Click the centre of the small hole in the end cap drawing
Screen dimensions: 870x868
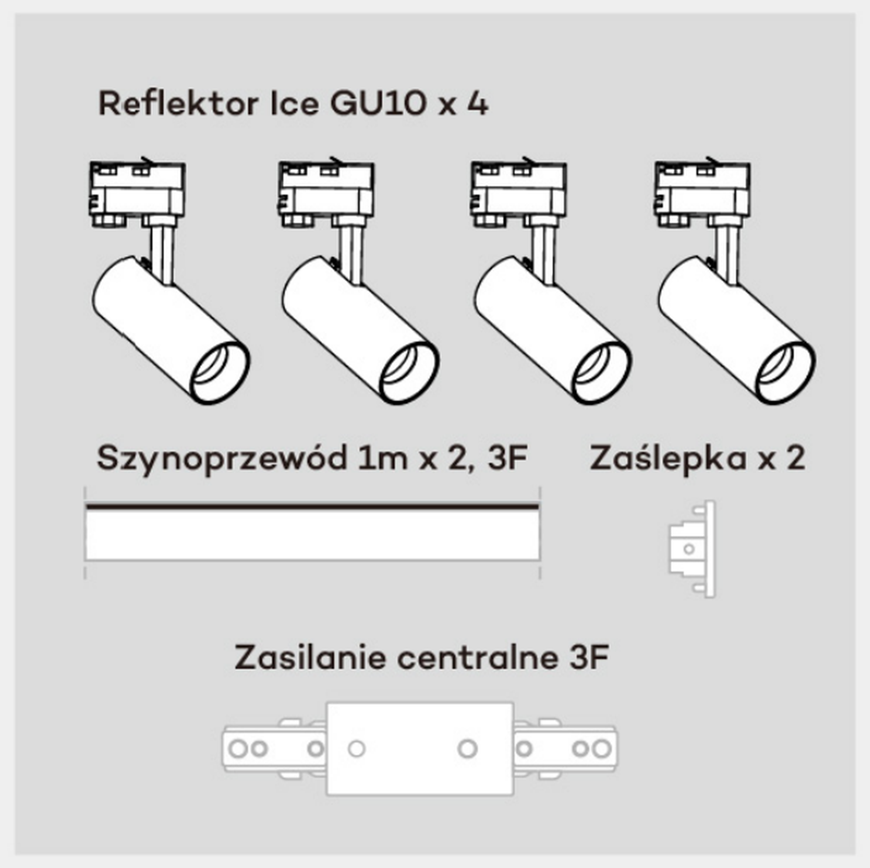689,549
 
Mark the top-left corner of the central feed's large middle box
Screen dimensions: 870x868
328,703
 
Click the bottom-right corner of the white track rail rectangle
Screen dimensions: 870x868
539,560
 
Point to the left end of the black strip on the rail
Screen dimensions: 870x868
87,507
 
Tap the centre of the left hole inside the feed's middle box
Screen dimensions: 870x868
357,749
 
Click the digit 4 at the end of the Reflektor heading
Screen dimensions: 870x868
478,104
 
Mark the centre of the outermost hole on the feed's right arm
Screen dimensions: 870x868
601,749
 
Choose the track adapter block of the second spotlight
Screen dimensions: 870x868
326,193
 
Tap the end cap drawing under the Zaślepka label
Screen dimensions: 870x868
692,549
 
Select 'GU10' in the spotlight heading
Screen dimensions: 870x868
377,104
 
